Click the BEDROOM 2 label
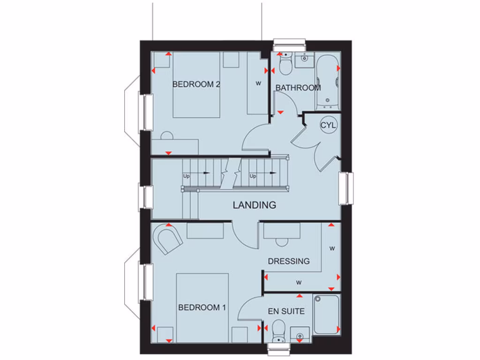(x=196, y=85)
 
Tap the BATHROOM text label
(x=298, y=88)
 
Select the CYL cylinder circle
(x=328, y=125)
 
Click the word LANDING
(x=255, y=205)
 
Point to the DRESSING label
(x=289, y=261)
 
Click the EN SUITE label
(x=286, y=311)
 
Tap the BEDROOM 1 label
(x=202, y=307)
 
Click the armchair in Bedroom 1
(x=168, y=239)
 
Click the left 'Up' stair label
(x=187, y=176)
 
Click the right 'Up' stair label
(x=253, y=176)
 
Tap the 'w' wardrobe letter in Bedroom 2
(x=258, y=84)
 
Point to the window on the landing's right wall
(x=347, y=188)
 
